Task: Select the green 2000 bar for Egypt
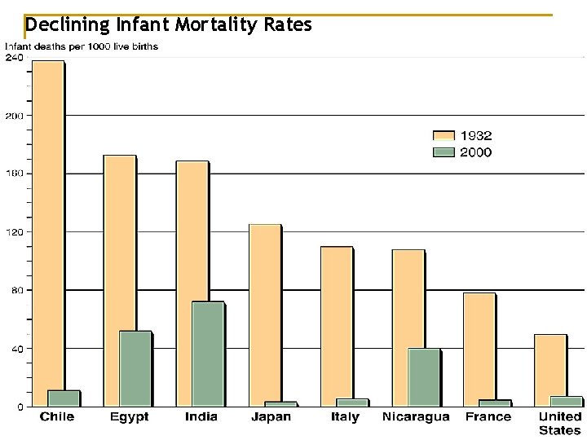pos(135,368)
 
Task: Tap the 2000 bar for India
pos(207,354)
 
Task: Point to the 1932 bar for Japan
pos(264,315)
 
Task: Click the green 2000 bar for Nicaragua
pos(423,377)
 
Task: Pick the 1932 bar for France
pos(479,349)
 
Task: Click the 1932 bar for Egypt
pos(119,280)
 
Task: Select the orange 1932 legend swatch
pos(444,136)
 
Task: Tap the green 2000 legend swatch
pos(444,152)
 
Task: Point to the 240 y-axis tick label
pos(14,58)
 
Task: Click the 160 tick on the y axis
pos(14,174)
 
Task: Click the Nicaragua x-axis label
pos(416,417)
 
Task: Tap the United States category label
pos(559,423)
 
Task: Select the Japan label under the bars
pos(271,417)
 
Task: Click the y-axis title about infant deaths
pos(82,46)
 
